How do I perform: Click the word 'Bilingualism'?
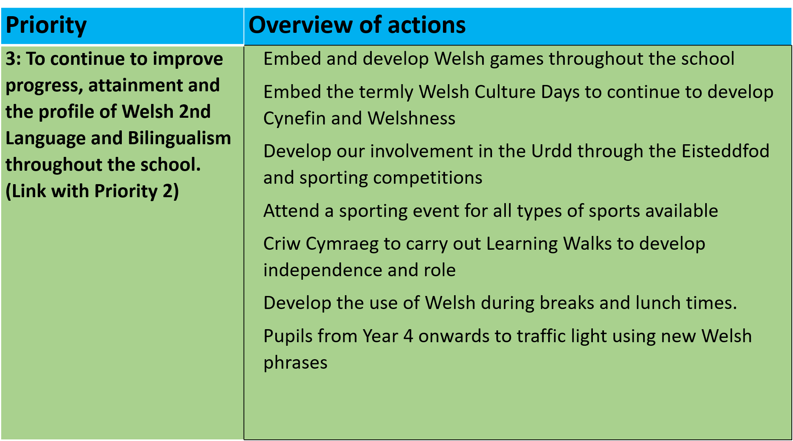point(180,138)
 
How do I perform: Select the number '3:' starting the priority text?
point(14,59)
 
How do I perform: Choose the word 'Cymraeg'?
point(342,244)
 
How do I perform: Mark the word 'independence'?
point(323,270)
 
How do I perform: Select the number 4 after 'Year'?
point(408,336)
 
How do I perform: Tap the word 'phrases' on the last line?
point(295,363)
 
